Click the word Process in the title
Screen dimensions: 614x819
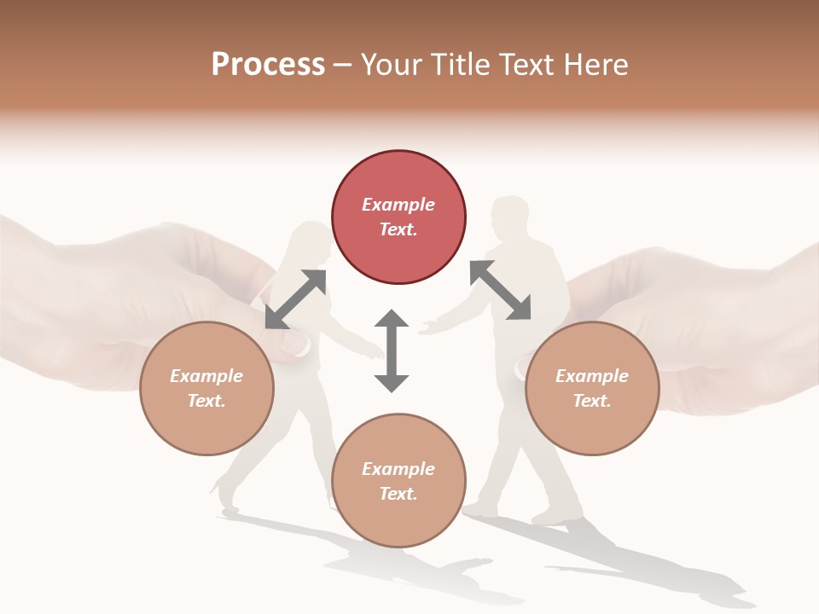pyautogui.click(x=268, y=65)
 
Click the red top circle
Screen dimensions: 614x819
pyautogui.click(x=398, y=217)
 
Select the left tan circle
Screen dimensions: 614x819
pyautogui.click(x=206, y=388)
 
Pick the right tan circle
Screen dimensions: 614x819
pyautogui.click(x=592, y=388)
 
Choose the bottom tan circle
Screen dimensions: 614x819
pyautogui.click(x=398, y=480)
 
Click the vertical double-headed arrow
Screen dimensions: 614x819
pyautogui.click(x=392, y=350)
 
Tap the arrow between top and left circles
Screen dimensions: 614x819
pyautogui.click(x=295, y=298)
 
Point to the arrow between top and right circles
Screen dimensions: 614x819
pyautogui.click(x=500, y=290)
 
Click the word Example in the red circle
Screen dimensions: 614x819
pyautogui.click(x=398, y=205)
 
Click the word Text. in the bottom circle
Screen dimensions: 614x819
pyautogui.click(x=398, y=494)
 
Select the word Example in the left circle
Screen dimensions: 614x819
pyautogui.click(x=206, y=376)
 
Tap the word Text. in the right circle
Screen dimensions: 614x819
pyautogui.click(x=592, y=401)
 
